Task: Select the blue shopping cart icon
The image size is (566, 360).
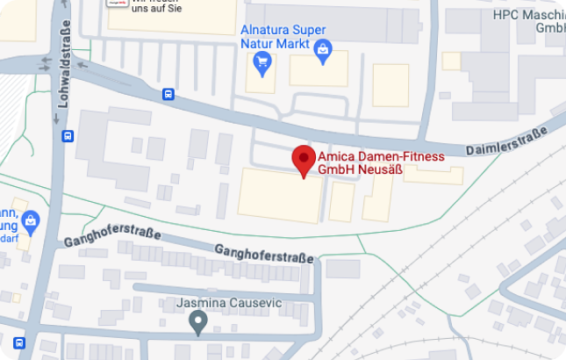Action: [262, 61]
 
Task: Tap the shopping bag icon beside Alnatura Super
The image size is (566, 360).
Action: [324, 50]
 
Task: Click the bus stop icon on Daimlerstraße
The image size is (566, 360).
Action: [168, 95]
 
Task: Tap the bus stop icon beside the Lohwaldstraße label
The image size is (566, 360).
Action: [68, 136]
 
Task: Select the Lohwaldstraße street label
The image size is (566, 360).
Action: [63, 67]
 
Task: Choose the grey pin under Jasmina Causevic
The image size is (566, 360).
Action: [199, 323]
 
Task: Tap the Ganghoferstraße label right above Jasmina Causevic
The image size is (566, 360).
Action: [264, 254]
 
